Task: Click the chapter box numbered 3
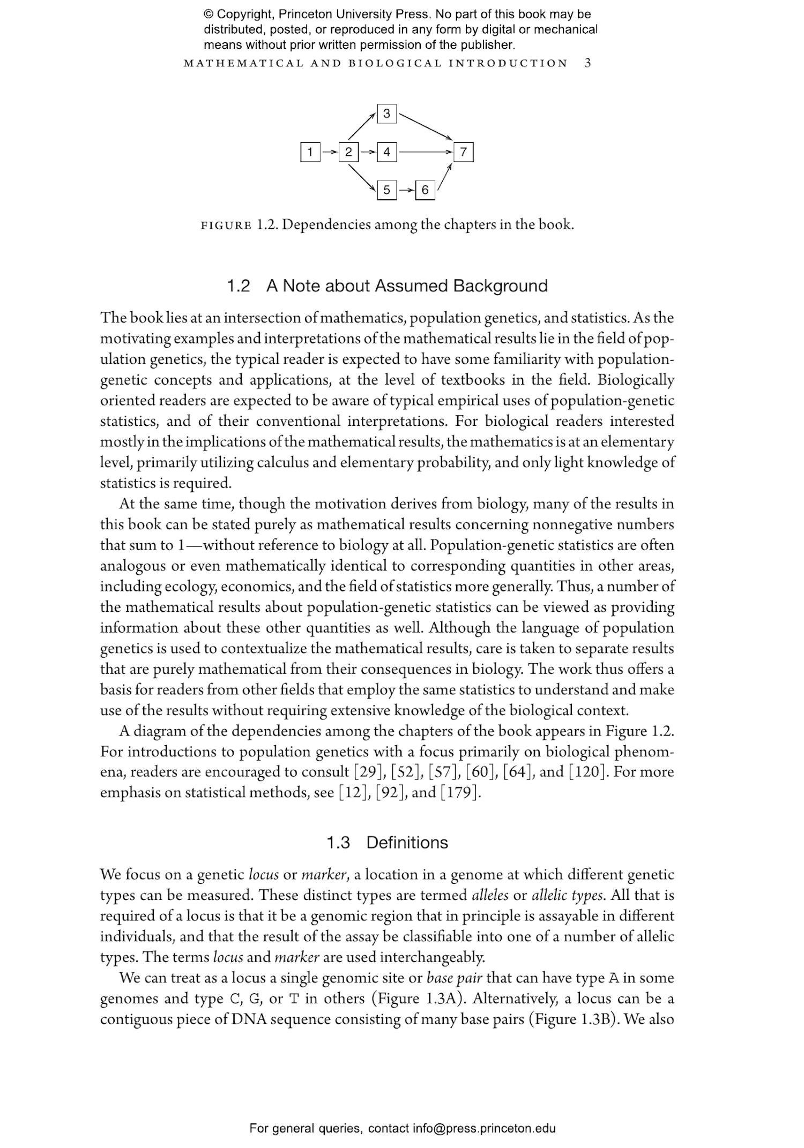pos(386,114)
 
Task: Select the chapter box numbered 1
pos(310,153)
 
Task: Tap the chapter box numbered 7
pos(463,153)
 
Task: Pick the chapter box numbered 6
pos(425,190)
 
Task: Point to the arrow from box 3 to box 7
pos(426,126)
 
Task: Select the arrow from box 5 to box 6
pos(406,190)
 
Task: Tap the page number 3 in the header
pos(587,63)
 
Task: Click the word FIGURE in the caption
pos(226,226)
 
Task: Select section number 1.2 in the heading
pos(239,286)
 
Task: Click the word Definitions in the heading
pos(407,843)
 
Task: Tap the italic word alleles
pos(490,896)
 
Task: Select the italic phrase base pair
pos(454,978)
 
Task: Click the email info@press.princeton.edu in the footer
pos(483,1128)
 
